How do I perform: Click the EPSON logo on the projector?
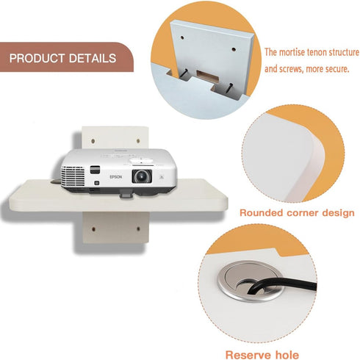tap(115, 177)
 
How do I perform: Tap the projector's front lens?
tap(142, 176)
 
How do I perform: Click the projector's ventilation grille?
tap(73, 176)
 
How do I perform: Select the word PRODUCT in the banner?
tap(37, 58)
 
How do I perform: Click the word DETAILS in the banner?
tap(93, 58)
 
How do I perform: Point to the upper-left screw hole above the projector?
tap(93, 141)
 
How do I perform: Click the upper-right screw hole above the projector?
tap(138, 141)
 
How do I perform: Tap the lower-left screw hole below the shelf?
tap(93, 229)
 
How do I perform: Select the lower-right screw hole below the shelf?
tap(138, 228)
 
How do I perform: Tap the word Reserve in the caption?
tap(248, 355)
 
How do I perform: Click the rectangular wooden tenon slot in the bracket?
tap(207, 76)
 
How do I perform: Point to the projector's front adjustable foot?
tap(126, 195)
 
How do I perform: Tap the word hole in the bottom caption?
tap(287, 355)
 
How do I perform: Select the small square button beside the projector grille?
tap(97, 183)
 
